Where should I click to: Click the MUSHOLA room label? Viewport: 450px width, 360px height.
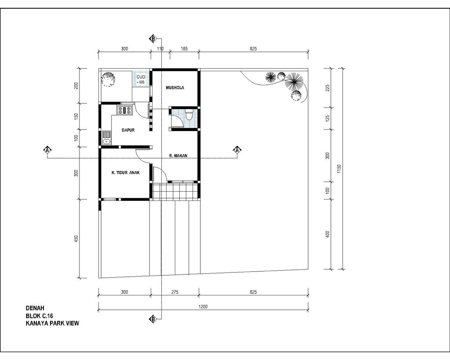click(175, 88)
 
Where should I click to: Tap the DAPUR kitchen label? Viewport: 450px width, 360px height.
click(128, 130)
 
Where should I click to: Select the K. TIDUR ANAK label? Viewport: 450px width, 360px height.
click(125, 173)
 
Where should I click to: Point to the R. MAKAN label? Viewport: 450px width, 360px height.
click(178, 156)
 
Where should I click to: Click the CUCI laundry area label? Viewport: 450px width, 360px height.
click(141, 77)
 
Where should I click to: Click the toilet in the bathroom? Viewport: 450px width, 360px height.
click(189, 114)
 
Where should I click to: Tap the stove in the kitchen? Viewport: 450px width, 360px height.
click(124, 110)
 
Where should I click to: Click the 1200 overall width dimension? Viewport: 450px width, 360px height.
click(203, 306)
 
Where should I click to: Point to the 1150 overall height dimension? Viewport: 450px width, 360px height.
click(339, 169)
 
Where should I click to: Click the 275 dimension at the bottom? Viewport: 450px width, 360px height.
click(175, 292)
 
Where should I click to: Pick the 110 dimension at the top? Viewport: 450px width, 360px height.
click(160, 49)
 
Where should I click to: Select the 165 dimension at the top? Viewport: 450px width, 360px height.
click(184, 49)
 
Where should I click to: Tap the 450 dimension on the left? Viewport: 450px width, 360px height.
click(76, 239)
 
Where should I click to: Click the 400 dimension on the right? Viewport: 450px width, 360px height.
click(327, 234)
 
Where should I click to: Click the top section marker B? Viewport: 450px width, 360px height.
click(153, 39)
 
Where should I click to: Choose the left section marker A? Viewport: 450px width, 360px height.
click(47, 150)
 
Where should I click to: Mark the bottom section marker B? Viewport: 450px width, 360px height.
click(153, 319)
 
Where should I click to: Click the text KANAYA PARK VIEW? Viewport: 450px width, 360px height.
click(52, 323)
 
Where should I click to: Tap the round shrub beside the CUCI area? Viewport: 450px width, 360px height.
click(108, 79)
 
